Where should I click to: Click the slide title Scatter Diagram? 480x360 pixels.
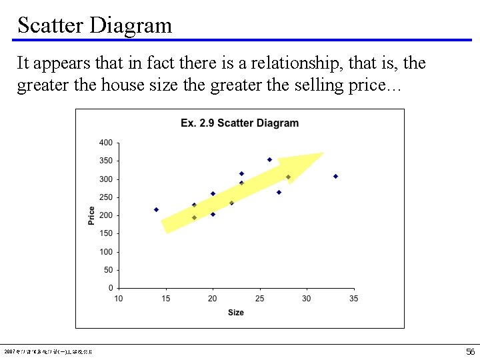[x=95, y=25]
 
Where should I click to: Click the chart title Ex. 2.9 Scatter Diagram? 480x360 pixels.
[x=239, y=123]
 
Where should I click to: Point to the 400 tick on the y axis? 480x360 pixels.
[x=106, y=143]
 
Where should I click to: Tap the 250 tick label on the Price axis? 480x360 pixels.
[x=106, y=197]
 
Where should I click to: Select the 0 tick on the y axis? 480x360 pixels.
[x=111, y=288]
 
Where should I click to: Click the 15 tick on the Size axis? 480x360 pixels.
[x=165, y=299]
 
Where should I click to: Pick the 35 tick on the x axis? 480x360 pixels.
[x=353, y=299]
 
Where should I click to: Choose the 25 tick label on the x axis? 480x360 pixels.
[x=259, y=299]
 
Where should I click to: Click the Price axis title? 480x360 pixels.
[x=91, y=215]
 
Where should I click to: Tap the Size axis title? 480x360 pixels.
[x=235, y=313]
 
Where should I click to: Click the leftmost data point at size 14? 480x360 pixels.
[x=156, y=209]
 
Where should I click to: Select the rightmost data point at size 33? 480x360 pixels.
[x=335, y=176]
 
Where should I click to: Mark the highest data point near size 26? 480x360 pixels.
[x=269, y=159]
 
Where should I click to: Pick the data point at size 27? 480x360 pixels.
[x=279, y=192]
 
